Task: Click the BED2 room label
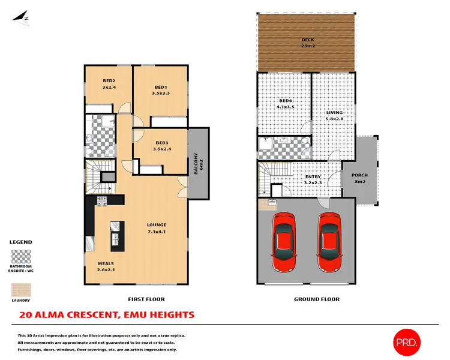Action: [x=109, y=84]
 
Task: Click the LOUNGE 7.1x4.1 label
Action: [x=157, y=228]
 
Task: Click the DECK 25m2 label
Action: [x=307, y=43]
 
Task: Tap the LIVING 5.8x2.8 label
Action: [x=334, y=115]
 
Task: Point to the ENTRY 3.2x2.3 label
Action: [x=312, y=179]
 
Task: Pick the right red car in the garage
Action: [x=330, y=241]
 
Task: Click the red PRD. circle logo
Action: [x=407, y=342]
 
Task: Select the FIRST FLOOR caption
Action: [x=146, y=299]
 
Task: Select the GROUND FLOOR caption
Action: [x=316, y=299]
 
